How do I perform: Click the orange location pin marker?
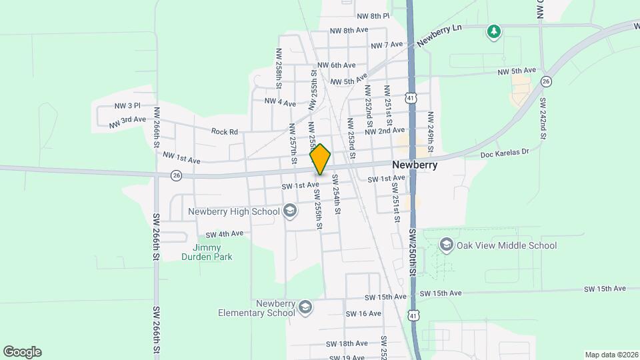click(x=320, y=159)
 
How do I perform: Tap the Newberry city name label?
click(x=415, y=165)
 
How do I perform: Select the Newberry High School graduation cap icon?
click(x=290, y=211)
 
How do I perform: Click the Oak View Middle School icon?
click(x=447, y=245)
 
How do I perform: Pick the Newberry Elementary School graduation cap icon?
click(x=305, y=307)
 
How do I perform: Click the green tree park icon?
click(x=493, y=31)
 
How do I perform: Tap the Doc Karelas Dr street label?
click(x=504, y=153)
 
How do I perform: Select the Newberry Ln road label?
click(x=439, y=36)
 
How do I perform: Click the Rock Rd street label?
click(x=224, y=132)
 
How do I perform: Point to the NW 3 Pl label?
click(x=127, y=105)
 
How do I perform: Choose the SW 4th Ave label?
click(x=224, y=234)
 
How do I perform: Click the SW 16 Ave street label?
click(x=363, y=313)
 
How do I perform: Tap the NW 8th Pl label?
click(x=373, y=15)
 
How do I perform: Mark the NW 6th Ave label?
click(x=337, y=65)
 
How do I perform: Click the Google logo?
click(x=22, y=351)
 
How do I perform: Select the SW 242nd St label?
click(x=543, y=119)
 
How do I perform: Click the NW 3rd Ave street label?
click(x=127, y=121)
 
